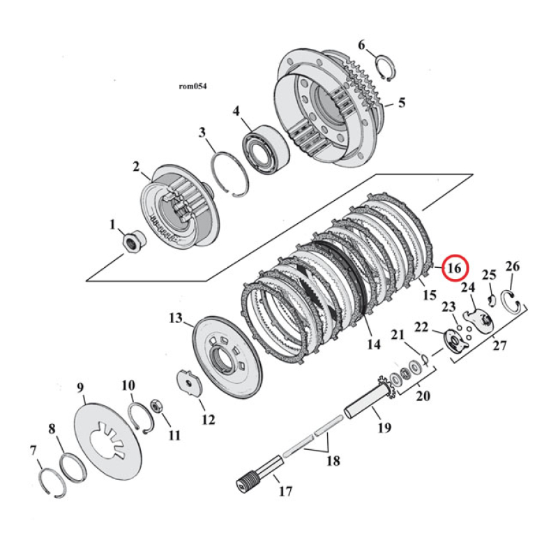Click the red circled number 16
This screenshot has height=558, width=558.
point(455,267)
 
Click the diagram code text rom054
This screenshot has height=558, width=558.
point(193,86)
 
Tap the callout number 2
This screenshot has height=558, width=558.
point(137,167)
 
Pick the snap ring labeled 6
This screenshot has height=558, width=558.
point(385,68)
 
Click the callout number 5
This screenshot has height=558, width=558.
point(401,103)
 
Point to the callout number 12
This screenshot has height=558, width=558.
point(208,420)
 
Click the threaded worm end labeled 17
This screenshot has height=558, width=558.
point(246,481)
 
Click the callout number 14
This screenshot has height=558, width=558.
point(373,343)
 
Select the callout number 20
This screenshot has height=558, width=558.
point(423,396)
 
